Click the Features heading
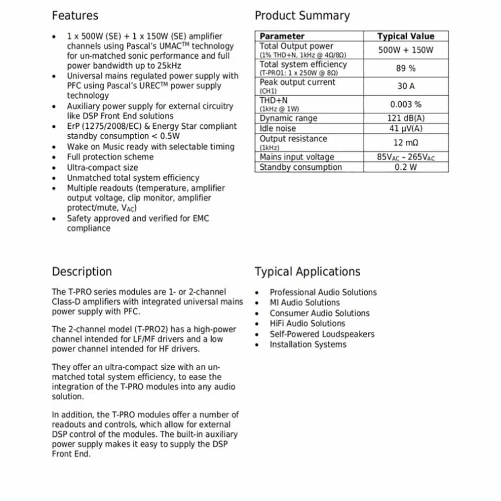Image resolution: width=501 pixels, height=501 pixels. [75, 16]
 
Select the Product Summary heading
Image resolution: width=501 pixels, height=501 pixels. [302, 16]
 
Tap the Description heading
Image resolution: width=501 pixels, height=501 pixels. [82, 272]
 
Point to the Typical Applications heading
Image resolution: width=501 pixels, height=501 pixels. [307, 272]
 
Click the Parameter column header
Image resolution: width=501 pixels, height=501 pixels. [282, 36]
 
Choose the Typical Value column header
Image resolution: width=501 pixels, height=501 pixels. [406, 36]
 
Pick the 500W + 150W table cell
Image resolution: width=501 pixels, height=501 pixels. [406, 50]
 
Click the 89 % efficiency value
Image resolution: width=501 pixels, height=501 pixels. [406, 68]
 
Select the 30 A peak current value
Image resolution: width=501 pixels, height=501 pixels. [406, 86]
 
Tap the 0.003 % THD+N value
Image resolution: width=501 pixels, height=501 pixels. [406, 104]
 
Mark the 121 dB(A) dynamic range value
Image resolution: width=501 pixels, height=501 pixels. [406, 118]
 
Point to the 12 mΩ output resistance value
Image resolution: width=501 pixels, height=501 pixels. [406, 143]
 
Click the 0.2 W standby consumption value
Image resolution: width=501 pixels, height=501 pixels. [406, 167]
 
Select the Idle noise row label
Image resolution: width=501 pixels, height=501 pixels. [278, 128]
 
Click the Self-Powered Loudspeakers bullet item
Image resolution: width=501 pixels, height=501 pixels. [322, 334]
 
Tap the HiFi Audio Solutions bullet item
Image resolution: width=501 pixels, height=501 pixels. [307, 324]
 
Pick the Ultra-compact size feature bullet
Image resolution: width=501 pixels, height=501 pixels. [102, 167]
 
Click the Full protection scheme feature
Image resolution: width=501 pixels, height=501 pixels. [110, 157]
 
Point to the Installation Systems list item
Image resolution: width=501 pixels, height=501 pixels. [308, 345]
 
